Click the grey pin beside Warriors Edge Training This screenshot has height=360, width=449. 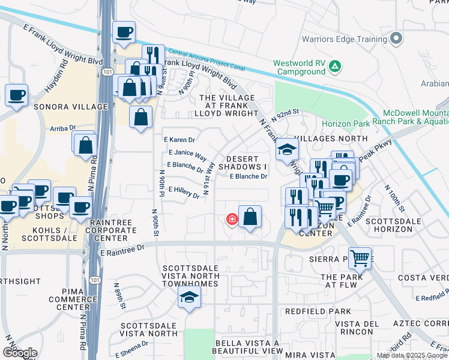click(x=396, y=39)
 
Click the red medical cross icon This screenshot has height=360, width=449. click(x=231, y=220)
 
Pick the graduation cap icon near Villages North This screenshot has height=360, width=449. click(x=287, y=149)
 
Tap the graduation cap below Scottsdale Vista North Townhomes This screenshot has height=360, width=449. click(x=189, y=297)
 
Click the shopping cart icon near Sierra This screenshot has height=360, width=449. click(x=360, y=259)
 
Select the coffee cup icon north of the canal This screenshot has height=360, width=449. click(x=124, y=32)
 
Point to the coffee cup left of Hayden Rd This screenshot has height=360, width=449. click(x=16, y=94)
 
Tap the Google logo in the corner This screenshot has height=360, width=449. click(x=20, y=352)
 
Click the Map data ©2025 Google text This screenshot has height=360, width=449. click(x=411, y=355)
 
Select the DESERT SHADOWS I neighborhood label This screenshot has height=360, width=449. click(x=243, y=163)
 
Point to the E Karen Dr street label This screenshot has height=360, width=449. click(x=179, y=140)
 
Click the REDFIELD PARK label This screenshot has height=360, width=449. click(x=318, y=311)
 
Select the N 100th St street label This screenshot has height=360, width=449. click(x=399, y=202)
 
